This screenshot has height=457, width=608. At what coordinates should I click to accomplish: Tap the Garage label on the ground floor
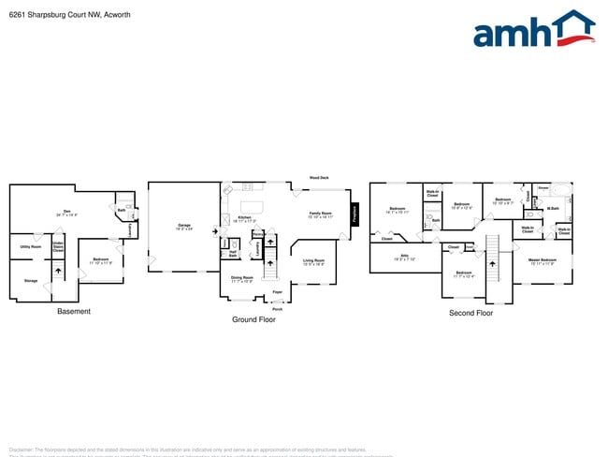(x=183, y=226)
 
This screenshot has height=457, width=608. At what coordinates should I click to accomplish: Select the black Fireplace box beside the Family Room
(x=355, y=214)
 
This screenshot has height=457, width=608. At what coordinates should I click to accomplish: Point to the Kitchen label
(x=244, y=217)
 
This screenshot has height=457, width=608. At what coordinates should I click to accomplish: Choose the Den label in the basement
(x=66, y=211)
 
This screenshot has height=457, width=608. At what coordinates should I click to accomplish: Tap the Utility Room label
(x=30, y=247)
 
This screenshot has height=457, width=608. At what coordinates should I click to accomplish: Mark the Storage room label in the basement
(x=30, y=280)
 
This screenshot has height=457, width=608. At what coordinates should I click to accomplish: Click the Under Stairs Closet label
(x=58, y=247)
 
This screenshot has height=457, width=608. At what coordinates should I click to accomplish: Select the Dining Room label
(x=242, y=277)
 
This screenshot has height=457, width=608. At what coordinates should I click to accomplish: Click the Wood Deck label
(x=319, y=177)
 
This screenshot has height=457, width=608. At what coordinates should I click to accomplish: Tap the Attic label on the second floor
(x=405, y=256)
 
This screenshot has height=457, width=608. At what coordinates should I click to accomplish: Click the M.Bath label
(x=553, y=209)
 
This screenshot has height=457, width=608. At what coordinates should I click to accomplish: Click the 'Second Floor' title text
(x=470, y=313)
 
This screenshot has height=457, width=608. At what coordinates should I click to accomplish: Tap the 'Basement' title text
(x=74, y=312)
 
